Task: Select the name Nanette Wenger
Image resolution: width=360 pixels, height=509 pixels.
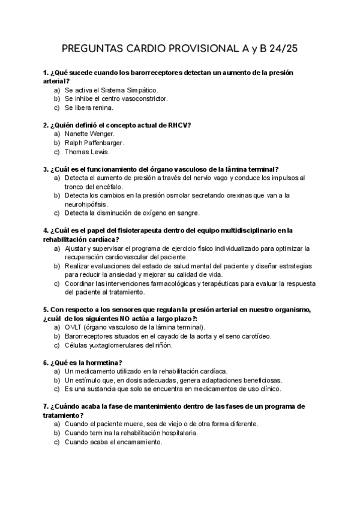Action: point(89,134)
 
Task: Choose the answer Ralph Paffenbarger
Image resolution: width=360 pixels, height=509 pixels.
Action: point(94,143)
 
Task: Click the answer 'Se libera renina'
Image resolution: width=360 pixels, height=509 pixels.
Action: point(89,108)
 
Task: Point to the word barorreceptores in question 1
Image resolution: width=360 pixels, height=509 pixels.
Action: point(146,73)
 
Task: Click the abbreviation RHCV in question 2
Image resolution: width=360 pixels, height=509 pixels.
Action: point(178,125)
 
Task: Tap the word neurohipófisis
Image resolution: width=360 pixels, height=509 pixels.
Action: point(88,204)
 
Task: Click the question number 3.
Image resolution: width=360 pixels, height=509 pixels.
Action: point(46,169)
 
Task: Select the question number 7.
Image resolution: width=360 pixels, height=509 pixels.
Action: point(46,406)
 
